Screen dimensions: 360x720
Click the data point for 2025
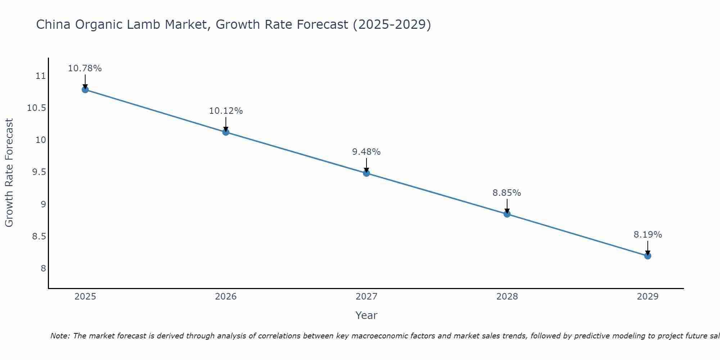pyautogui.click(x=85, y=90)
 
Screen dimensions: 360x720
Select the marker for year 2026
pyautogui.click(x=226, y=132)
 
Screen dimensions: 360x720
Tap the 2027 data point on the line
pyautogui.click(x=366, y=173)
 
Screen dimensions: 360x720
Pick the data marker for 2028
pyautogui.click(x=507, y=214)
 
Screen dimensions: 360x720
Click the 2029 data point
pyautogui.click(x=648, y=256)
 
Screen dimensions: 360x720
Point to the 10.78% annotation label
pyautogui.click(x=85, y=68)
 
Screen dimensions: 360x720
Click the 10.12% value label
pyautogui.click(x=226, y=111)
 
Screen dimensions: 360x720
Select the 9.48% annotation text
pyautogui.click(x=366, y=152)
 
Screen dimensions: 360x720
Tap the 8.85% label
pyautogui.click(x=507, y=193)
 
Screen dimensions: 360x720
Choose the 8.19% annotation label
pyautogui.click(x=648, y=235)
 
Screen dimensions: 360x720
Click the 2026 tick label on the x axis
pyautogui.click(x=226, y=297)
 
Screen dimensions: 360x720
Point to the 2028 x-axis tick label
pyautogui.click(x=507, y=297)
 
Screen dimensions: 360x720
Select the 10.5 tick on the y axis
pyautogui.click(x=37, y=108)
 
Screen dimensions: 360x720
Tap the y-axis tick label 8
pyautogui.click(x=43, y=269)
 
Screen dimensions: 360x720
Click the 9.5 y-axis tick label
pyautogui.click(x=39, y=172)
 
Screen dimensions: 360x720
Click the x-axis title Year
pyautogui.click(x=366, y=315)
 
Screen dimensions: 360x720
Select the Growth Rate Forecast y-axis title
pyautogui.click(x=9, y=172)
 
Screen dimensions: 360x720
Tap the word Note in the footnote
pyautogui.click(x=60, y=336)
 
